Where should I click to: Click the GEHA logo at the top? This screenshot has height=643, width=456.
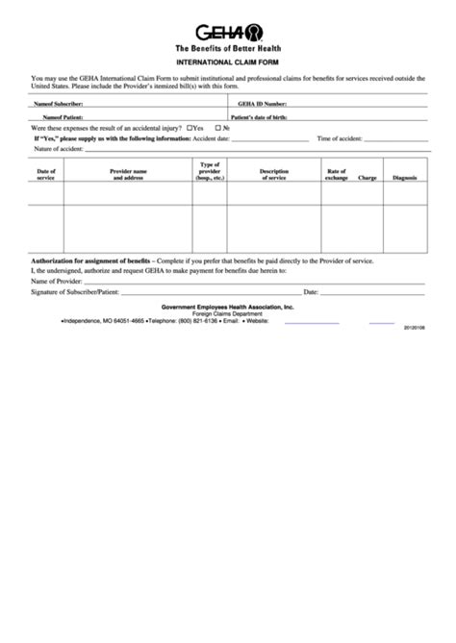tap(227, 31)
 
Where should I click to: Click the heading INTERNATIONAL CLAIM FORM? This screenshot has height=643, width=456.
tap(227, 62)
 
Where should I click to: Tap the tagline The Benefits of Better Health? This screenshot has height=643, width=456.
tap(227, 47)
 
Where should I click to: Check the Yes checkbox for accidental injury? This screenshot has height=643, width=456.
tap(190, 127)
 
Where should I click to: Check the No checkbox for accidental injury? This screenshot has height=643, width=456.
tap(218, 127)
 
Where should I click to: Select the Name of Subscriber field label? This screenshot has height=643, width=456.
tap(59, 102)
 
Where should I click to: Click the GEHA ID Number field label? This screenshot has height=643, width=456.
tap(262, 102)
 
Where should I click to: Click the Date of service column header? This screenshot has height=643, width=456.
tap(45, 174)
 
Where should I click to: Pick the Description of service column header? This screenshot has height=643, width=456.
tap(275, 174)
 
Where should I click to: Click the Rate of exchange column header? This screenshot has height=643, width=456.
tap(336, 174)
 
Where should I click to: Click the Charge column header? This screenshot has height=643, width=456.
tap(367, 178)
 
